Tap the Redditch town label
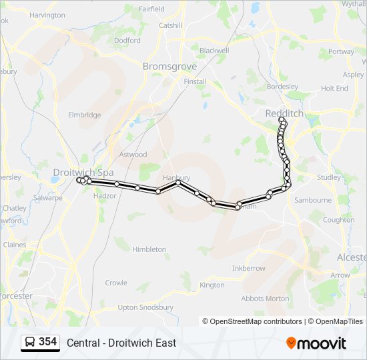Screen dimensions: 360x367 [x=284, y=114]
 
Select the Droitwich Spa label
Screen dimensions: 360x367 [x=83, y=172]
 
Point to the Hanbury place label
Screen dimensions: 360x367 [x=177, y=178]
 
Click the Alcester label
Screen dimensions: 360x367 [x=352, y=257]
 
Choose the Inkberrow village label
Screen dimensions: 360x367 [x=248, y=268]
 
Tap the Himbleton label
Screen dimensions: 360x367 [x=149, y=249]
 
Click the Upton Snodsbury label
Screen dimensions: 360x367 [x=145, y=307]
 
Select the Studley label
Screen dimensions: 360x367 [x=328, y=177]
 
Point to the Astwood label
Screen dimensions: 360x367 [x=133, y=155]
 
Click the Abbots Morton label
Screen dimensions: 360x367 [x=266, y=298]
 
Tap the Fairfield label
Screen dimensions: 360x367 [x=152, y=9]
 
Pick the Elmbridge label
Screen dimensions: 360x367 [x=85, y=115]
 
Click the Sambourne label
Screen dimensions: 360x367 [x=313, y=200]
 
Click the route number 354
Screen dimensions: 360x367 [x=47, y=342]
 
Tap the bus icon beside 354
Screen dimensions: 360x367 [x=30, y=342]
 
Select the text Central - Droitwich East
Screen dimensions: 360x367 [x=121, y=343]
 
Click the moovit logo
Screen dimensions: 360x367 [x=316, y=343]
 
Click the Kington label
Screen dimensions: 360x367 [x=212, y=285]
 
